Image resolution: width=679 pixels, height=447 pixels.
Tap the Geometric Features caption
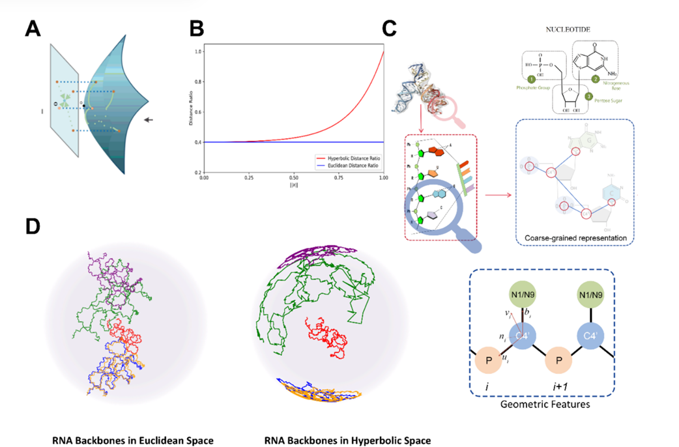tap(544, 405)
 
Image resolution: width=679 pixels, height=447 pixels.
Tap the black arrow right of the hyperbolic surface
tap(149, 120)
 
